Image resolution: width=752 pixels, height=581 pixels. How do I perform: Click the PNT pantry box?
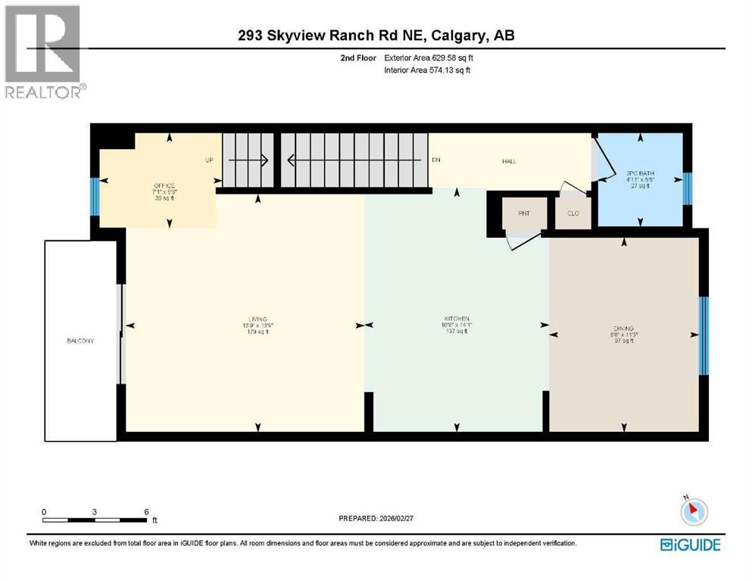click(524, 213)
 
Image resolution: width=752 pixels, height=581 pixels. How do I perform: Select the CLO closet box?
click(573, 213)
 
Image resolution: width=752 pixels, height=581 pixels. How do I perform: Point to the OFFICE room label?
click(164, 186)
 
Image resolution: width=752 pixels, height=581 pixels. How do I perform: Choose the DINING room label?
click(624, 329)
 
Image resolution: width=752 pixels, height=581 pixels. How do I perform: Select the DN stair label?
click(436, 160)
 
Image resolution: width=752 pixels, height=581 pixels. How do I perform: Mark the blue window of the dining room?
click(703, 336)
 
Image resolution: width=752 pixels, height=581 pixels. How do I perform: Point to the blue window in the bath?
click(686, 188)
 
